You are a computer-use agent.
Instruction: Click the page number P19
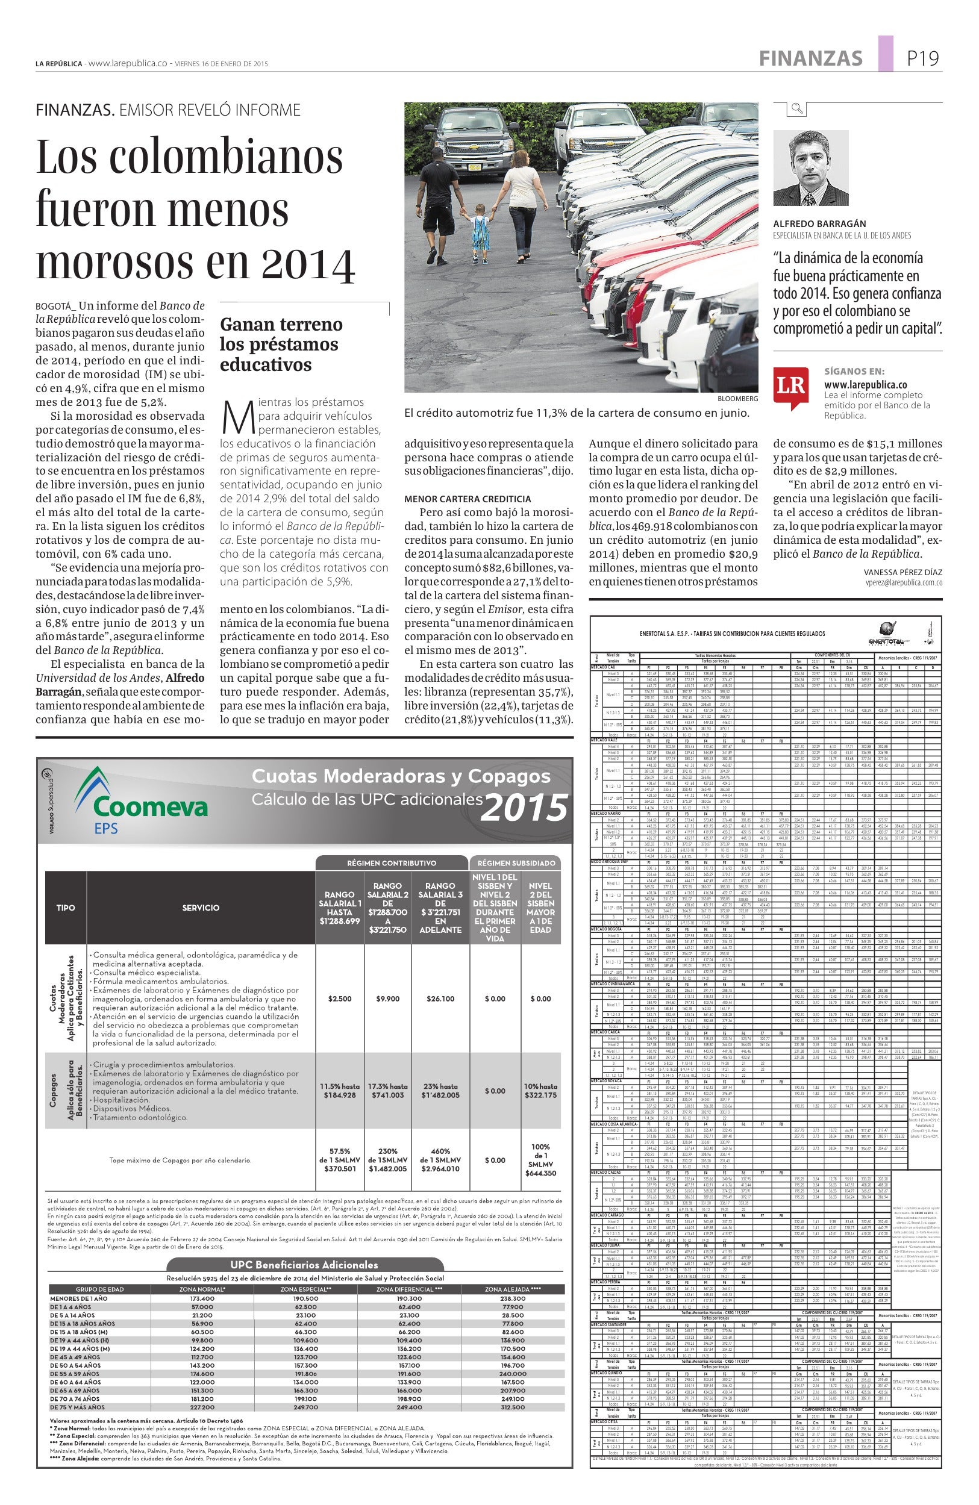(x=923, y=58)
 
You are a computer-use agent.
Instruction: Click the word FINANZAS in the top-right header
(x=810, y=58)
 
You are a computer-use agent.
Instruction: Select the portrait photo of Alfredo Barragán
(x=811, y=168)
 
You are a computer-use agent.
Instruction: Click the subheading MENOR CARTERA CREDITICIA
(x=468, y=499)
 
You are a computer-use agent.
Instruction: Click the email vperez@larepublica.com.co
(x=904, y=583)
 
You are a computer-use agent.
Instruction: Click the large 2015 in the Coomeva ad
(x=524, y=808)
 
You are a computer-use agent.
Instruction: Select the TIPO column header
(x=65, y=908)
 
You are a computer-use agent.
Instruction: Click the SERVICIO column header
(x=201, y=908)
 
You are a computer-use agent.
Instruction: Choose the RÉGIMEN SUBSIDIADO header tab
(x=516, y=862)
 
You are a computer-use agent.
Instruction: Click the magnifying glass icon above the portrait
(x=797, y=108)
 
